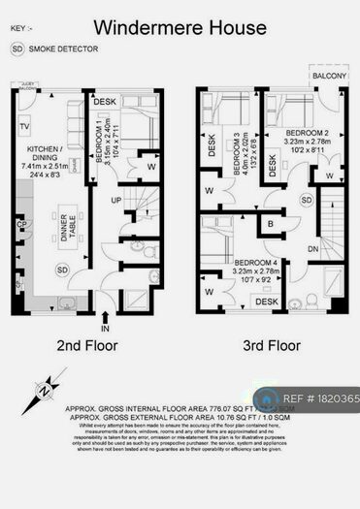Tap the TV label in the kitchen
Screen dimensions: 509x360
tap(21, 127)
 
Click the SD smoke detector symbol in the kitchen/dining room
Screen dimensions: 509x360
tap(63, 269)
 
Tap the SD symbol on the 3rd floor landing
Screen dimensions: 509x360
tap(307, 200)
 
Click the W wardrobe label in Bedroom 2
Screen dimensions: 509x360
tap(331, 176)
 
